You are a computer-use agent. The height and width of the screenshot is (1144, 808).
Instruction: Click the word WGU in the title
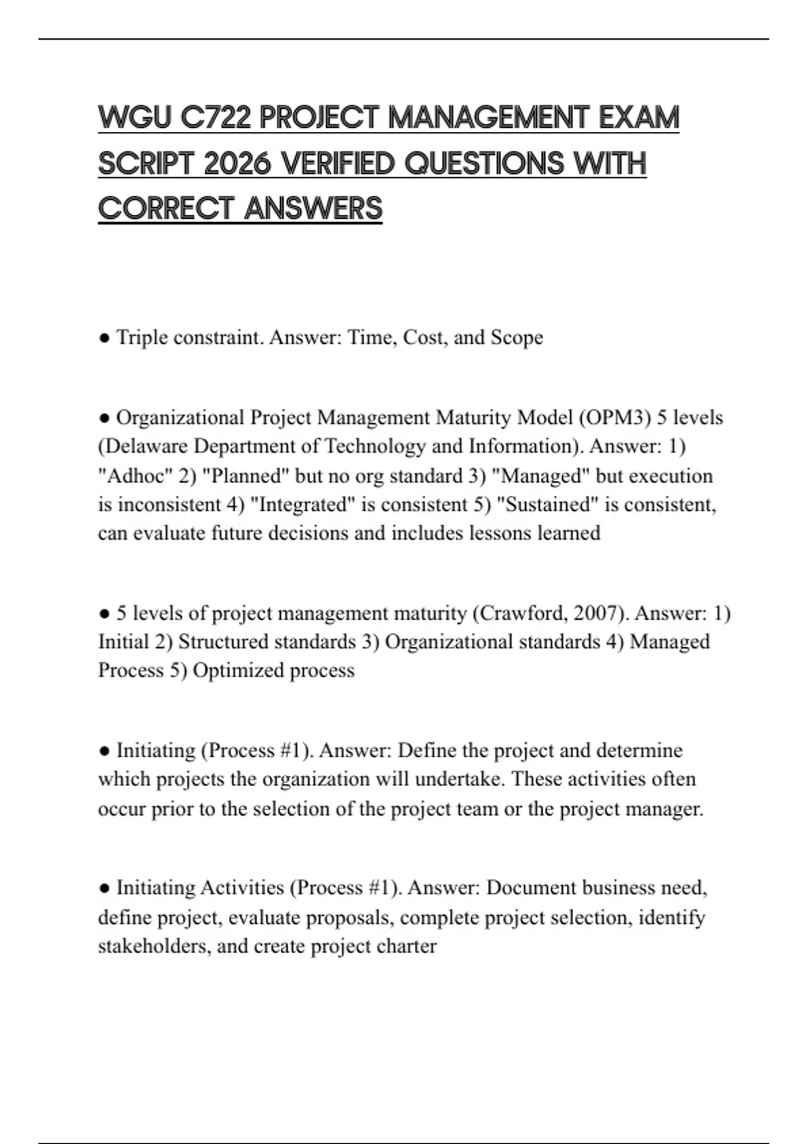135,118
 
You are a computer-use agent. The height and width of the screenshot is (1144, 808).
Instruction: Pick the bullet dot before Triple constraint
104,338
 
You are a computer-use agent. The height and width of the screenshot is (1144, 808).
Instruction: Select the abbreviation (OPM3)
614,418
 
